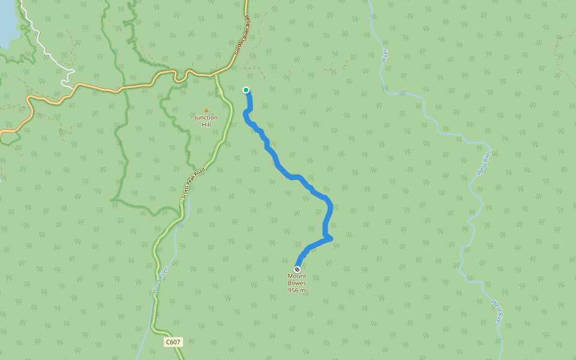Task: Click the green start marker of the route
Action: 246,90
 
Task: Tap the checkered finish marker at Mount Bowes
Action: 297,269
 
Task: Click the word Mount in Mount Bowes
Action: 297,276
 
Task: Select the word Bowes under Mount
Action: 297,283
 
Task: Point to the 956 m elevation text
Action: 297,290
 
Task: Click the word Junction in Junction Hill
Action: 206,118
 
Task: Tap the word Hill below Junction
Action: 206,124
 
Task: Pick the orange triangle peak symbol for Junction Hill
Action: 206,110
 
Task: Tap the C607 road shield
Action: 173,342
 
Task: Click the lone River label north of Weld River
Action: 385,56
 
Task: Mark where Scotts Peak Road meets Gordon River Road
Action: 215,76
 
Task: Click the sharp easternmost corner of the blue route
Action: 331,239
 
